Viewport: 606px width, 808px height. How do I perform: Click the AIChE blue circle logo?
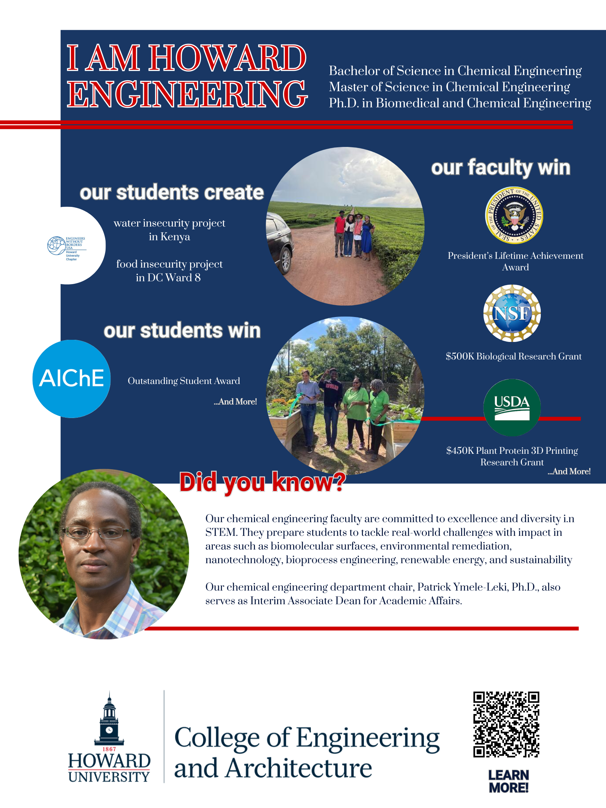coord(72,378)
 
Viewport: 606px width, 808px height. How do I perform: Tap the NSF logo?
coord(512,314)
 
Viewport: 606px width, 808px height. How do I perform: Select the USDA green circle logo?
coord(512,407)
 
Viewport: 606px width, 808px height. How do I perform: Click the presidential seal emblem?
coord(514,215)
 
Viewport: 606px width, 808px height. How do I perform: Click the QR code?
coord(506,724)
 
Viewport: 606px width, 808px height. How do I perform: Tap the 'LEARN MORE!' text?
coord(509,781)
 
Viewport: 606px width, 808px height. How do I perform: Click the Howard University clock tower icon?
coord(109,719)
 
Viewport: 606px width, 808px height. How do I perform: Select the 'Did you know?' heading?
coord(262,482)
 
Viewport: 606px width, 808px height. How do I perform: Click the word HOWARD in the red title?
coord(227,59)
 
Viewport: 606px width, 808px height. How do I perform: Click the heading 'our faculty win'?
coord(500,168)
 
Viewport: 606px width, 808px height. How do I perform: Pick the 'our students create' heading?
coord(172,193)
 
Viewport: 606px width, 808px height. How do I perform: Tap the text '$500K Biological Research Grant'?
coord(513,356)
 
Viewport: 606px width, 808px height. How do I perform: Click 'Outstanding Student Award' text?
coord(184,381)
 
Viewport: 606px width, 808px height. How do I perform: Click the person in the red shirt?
coord(340,234)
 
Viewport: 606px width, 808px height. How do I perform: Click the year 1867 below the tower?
coord(109,749)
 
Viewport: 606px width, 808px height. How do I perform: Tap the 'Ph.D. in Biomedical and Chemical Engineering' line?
coord(459,103)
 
